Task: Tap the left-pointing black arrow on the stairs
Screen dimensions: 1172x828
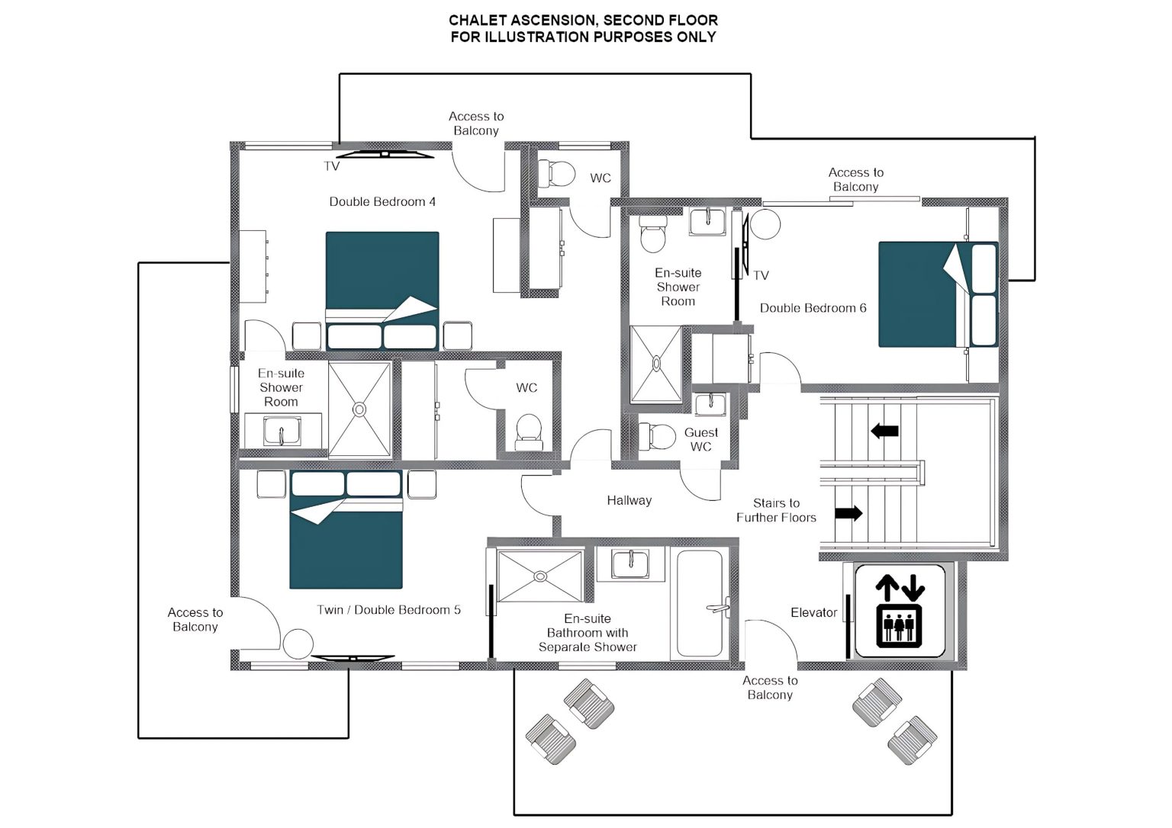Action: click(x=885, y=432)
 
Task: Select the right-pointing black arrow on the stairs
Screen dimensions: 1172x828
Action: click(x=848, y=513)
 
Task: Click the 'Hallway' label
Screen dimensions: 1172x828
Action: click(x=629, y=501)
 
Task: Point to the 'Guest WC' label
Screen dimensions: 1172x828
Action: click(x=701, y=440)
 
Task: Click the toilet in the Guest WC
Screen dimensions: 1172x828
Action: click(x=658, y=436)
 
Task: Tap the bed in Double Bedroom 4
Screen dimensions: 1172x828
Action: click(x=382, y=290)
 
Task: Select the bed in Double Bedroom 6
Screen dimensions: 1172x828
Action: click(x=938, y=294)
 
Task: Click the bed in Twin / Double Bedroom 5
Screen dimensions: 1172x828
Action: click(x=346, y=530)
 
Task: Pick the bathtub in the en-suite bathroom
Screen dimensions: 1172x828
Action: click(x=700, y=603)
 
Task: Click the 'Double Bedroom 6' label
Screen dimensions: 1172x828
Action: click(x=813, y=309)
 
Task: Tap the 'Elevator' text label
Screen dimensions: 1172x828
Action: click(x=813, y=613)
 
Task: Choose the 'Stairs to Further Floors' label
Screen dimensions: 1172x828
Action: click(x=777, y=510)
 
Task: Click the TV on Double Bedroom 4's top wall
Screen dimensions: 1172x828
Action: click(x=385, y=154)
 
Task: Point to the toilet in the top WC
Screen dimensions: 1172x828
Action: click(x=557, y=174)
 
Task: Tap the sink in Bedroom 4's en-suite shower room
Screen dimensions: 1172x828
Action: click(x=282, y=432)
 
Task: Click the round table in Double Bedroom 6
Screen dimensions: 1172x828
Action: click(x=765, y=224)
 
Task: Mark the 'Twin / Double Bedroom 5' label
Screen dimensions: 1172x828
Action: click(x=388, y=610)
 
